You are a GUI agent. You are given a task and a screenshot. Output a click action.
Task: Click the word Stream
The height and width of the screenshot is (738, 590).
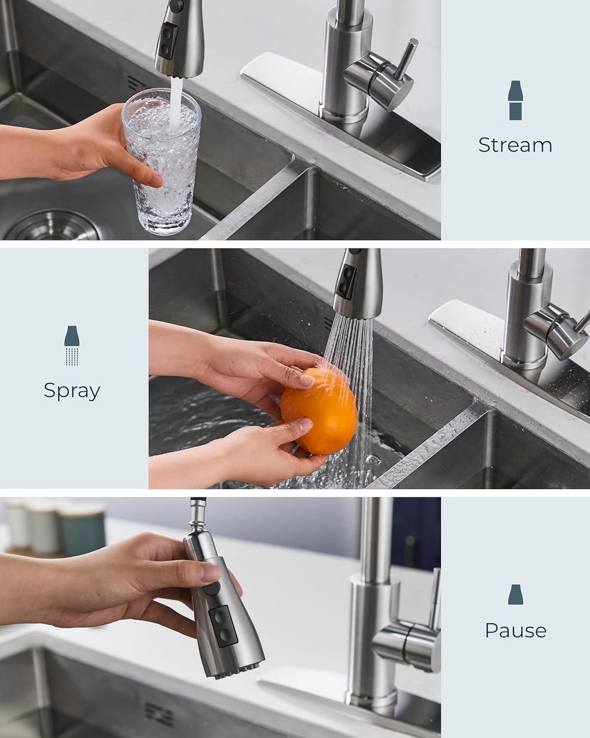pos(515,145)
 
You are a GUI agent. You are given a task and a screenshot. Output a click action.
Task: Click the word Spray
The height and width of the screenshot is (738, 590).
pos(72,390)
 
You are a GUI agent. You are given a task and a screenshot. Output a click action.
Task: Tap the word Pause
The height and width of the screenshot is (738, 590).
pos(515,630)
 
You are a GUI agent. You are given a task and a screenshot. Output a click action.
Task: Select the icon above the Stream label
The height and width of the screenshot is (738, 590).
pos(515,100)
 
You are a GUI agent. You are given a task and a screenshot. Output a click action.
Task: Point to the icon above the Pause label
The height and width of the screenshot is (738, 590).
pos(515,594)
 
